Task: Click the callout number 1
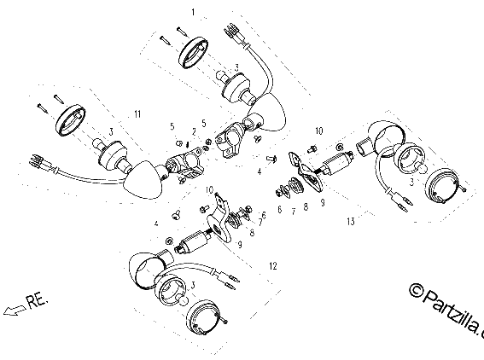193,12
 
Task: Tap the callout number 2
194,132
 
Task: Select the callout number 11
137,114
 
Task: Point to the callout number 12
273,266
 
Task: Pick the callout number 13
351,222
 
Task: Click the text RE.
38,301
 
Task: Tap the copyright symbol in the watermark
416,290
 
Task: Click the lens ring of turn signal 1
193,52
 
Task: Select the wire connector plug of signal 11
37,160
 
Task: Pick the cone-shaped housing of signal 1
268,112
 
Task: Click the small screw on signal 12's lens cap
225,322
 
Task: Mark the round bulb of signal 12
184,301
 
